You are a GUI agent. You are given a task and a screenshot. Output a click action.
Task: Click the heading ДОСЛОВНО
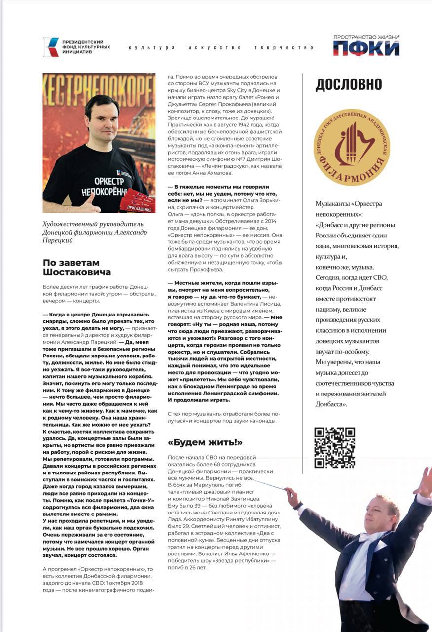[348, 85]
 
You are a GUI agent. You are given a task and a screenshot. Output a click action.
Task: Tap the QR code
[334, 447]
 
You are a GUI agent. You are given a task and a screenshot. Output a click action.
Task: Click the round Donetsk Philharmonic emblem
[352, 147]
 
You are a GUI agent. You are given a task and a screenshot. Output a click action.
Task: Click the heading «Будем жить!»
[205, 442]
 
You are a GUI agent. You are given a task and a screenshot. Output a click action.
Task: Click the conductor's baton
[269, 483]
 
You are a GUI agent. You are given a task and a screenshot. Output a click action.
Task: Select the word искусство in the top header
[215, 48]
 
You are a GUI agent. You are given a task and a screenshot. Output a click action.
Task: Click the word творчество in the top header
[284, 48]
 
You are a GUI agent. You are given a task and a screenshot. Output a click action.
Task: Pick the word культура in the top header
[151, 48]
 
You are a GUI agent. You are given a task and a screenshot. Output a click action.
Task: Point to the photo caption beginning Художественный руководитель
[95, 232]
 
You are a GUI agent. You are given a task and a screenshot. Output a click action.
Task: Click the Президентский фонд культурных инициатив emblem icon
[51, 47]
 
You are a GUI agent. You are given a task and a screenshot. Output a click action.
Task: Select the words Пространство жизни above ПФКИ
[366, 37]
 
